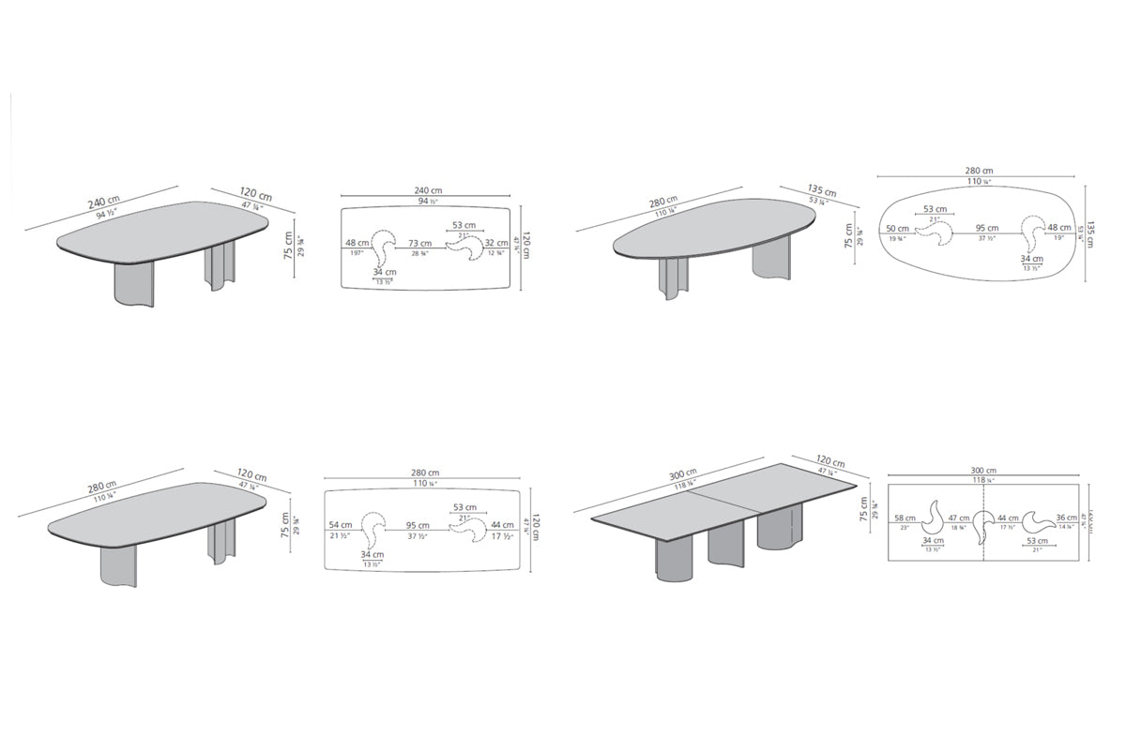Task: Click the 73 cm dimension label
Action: (419, 244)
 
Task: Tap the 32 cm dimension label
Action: (495, 244)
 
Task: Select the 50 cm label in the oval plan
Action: (896, 229)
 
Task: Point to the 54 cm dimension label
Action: (340, 525)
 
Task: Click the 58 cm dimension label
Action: (905, 518)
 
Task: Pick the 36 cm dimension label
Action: (1066, 518)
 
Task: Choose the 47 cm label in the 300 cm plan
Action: (958, 518)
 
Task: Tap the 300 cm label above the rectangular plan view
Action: (983, 471)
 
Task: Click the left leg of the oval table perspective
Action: (674, 278)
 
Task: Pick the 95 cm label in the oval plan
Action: (986, 229)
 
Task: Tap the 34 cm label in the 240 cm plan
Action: (384, 273)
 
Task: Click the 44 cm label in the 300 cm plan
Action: (1008, 518)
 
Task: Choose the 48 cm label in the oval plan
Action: (1058, 229)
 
